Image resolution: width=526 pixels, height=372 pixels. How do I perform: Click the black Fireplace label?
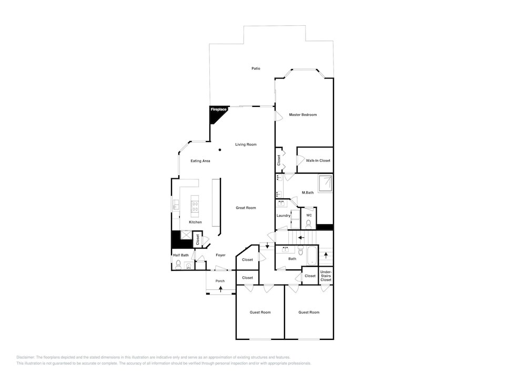click(219, 109)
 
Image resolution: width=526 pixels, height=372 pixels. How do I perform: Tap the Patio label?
click(256, 68)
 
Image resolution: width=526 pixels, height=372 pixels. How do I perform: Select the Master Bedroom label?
click(303, 115)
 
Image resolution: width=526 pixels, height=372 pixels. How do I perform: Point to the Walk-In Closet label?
click(318, 160)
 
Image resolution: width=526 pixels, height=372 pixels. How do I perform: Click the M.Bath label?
click(308, 193)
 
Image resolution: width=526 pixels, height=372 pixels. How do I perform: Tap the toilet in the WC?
click(309, 224)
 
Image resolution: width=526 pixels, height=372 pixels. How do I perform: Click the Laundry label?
click(284, 216)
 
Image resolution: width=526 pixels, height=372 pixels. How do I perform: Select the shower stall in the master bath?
click(325, 184)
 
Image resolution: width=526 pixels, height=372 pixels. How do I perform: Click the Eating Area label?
click(200, 161)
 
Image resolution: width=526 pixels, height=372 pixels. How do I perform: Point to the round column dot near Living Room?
click(220, 150)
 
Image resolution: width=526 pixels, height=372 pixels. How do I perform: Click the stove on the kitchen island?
click(195, 206)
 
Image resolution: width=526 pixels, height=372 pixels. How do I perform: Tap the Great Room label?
click(246, 208)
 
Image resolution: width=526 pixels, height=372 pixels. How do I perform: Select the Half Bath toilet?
click(178, 265)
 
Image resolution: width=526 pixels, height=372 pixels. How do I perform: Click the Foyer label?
click(221, 255)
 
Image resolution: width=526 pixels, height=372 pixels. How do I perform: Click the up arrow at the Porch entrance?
click(220, 288)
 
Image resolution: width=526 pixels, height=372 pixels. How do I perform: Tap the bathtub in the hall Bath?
click(312, 256)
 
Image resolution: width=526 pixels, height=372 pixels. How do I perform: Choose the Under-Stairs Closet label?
click(326, 276)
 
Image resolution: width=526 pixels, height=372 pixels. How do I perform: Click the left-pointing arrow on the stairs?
click(301, 238)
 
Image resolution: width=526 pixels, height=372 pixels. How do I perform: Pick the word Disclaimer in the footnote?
click(25, 358)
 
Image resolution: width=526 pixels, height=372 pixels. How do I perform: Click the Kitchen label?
click(196, 223)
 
